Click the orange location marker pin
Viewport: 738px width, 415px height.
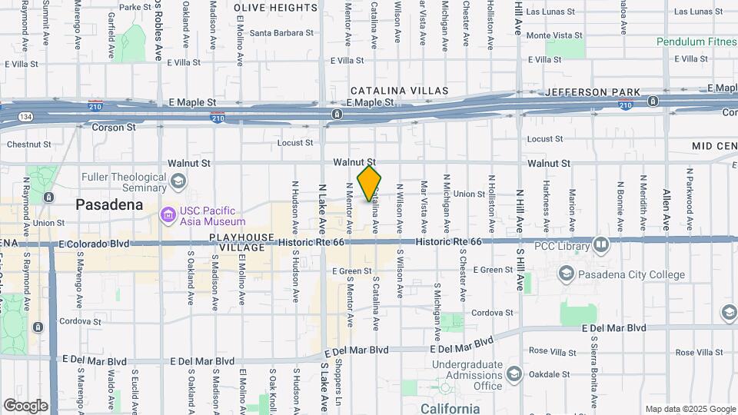[370, 183]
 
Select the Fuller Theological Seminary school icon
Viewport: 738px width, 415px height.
[178, 181]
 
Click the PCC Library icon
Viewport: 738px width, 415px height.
[601, 245]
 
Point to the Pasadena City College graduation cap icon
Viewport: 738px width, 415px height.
[566, 274]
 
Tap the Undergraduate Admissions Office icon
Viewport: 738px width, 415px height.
[514, 375]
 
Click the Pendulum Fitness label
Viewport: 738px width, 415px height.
[696, 41]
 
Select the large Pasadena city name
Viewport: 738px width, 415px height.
[109, 204]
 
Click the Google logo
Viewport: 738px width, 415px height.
[26, 405]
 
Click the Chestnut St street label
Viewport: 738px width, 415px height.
[28, 144]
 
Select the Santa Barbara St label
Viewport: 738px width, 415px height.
[281, 33]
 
